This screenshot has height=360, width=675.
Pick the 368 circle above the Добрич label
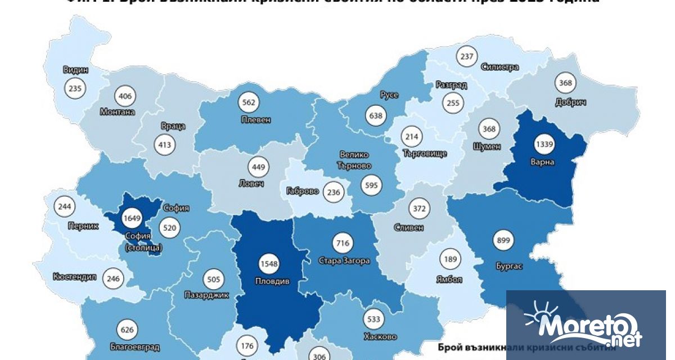pyautogui.click(x=565, y=83)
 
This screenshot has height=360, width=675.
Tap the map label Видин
pyautogui.click(x=75, y=70)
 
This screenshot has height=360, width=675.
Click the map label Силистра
pyautogui.click(x=499, y=67)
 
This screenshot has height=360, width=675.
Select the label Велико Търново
pyautogui.click(x=354, y=160)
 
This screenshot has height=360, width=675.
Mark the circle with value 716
pyautogui.click(x=343, y=244)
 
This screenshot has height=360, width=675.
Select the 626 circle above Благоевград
pyautogui.click(x=127, y=330)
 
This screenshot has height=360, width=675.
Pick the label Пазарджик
pyautogui.click(x=207, y=295)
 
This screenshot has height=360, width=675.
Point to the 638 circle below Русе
pyautogui.click(x=376, y=116)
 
